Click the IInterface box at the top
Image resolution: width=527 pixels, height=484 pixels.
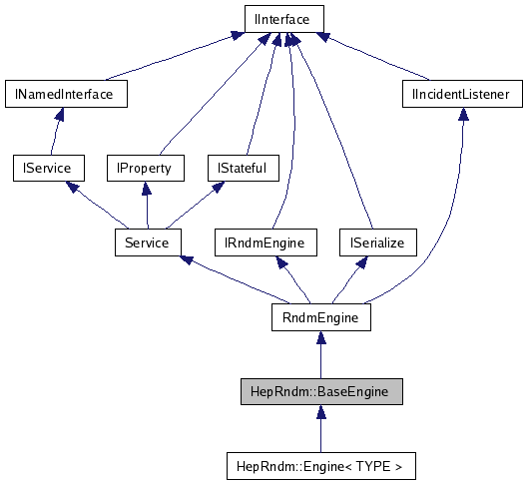tap(282, 18)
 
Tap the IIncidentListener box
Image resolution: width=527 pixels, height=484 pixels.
tap(461, 95)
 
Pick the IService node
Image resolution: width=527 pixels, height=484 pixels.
tap(47, 168)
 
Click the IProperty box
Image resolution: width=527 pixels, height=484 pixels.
tap(145, 168)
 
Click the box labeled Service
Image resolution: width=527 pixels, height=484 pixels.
tap(147, 242)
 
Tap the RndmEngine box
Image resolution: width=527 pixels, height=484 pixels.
tap(320, 317)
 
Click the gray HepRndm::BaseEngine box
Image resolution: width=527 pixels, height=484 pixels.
tap(320, 391)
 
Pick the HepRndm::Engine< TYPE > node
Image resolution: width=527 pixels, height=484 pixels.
tap(320, 465)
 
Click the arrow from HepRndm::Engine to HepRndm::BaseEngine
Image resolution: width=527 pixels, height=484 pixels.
tap(320, 429)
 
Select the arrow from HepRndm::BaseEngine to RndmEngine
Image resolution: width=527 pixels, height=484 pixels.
tap(320, 355)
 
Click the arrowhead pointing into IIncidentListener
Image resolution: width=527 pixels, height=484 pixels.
tap(462, 116)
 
